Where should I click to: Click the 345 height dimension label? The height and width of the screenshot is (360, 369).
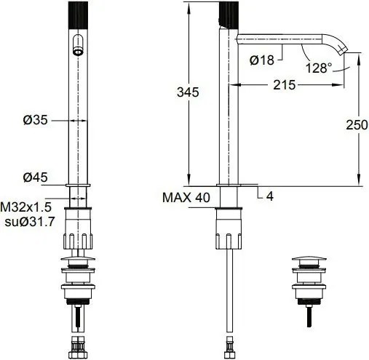(x=188, y=92)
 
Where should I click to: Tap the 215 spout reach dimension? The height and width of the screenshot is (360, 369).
(x=285, y=85)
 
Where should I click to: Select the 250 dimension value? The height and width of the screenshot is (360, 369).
(x=357, y=125)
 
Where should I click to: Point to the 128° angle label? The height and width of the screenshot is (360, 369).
(x=319, y=68)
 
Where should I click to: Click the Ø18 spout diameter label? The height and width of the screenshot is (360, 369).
(x=262, y=60)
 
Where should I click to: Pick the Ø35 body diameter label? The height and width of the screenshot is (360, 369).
(x=36, y=120)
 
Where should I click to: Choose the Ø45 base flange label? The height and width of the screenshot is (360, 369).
(x=36, y=177)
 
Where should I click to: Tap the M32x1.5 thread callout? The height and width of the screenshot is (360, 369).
(x=25, y=207)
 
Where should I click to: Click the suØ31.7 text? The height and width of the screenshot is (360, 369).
(x=30, y=222)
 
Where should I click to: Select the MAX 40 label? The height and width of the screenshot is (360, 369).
(x=186, y=197)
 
